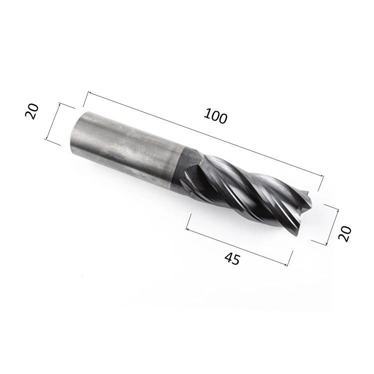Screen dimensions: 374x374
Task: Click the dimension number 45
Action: click(232, 259)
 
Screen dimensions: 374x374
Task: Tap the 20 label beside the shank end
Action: click(32, 112)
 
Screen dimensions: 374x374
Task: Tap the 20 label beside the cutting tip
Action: click(345, 233)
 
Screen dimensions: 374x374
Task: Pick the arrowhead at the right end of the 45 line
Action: click(288, 264)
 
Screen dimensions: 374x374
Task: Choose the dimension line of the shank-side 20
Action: click(53, 122)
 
